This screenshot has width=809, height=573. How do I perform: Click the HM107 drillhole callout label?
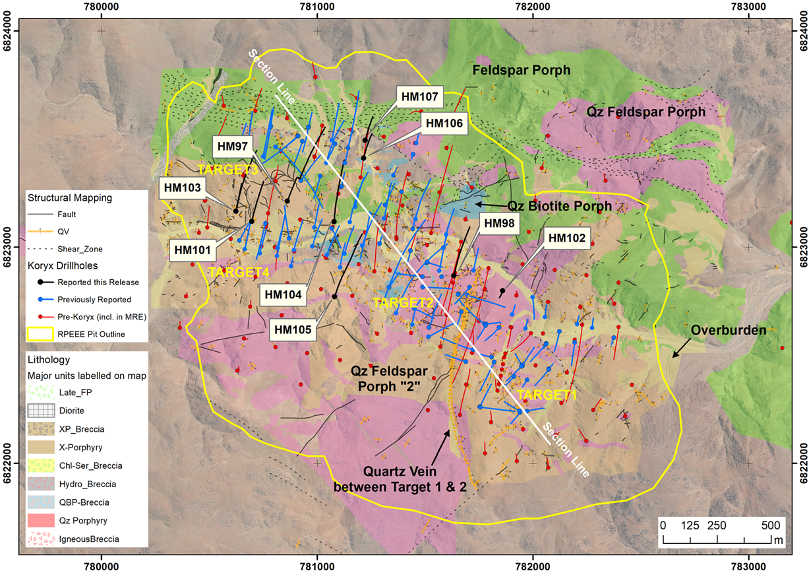[x=419, y=96]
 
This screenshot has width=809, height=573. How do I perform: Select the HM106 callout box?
[x=444, y=123]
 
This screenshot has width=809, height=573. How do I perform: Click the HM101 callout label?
[x=193, y=250]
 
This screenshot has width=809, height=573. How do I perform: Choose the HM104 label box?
[x=284, y=294]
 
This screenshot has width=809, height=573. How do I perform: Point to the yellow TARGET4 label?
[x=230, y=271]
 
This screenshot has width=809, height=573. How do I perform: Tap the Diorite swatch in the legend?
[x=39, y=410]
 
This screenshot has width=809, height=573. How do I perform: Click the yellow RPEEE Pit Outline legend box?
[x=39, y=334]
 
